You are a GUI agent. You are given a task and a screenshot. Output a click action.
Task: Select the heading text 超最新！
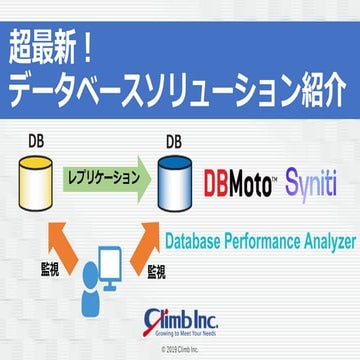coord(66,47)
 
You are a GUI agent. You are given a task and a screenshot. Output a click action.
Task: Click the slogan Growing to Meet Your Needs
coord(187,337)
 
